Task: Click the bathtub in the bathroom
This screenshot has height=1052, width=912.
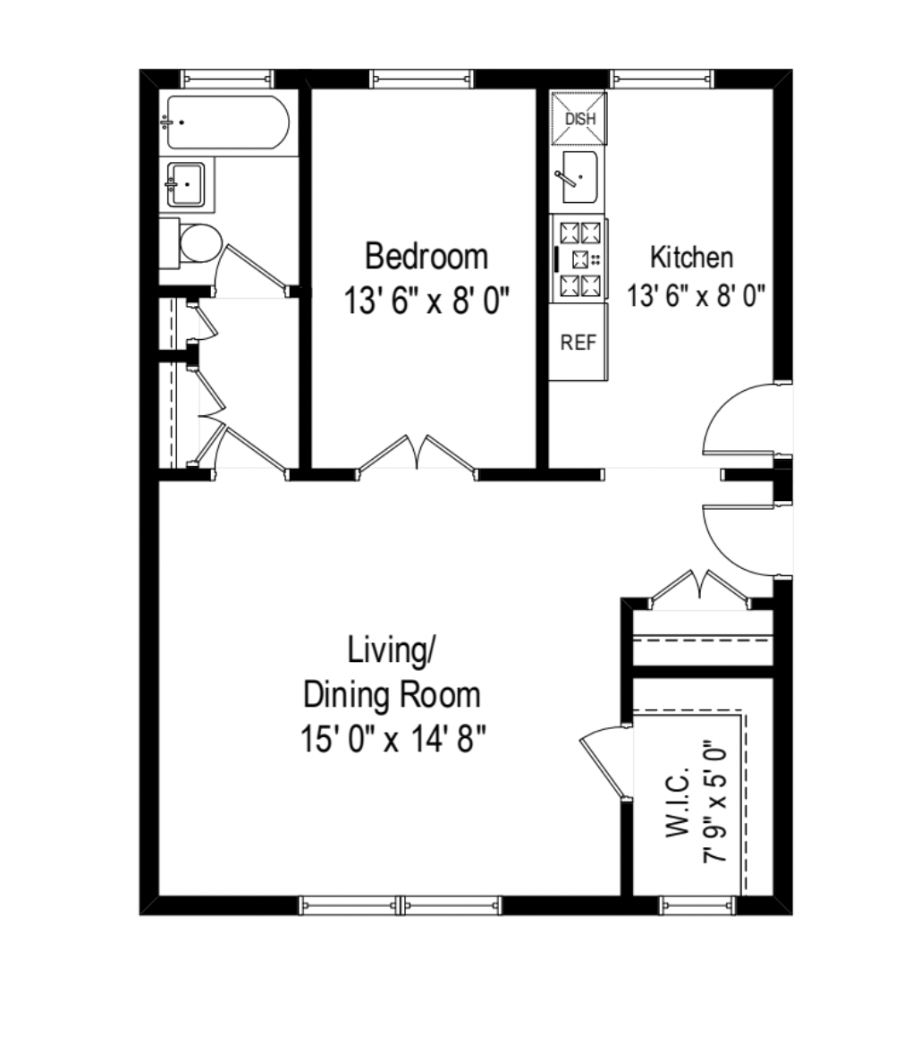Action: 225,123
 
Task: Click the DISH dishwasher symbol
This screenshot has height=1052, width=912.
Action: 579,118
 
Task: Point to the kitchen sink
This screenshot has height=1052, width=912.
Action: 578,178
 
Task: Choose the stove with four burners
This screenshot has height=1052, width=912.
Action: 579,259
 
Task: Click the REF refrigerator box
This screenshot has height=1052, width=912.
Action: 578,343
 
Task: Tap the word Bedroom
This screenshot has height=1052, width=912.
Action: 426,257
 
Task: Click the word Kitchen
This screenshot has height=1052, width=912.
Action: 691,258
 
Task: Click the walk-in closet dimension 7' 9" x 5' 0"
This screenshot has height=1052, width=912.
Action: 715,801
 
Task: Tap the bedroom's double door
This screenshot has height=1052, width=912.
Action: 417,454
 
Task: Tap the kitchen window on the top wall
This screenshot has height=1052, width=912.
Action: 663,79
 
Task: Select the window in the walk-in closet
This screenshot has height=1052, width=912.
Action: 697,905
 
